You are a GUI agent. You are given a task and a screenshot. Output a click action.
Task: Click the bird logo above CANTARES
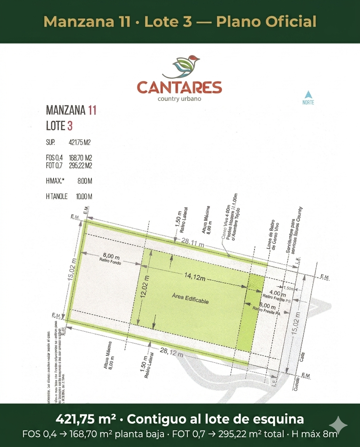click(181, 67)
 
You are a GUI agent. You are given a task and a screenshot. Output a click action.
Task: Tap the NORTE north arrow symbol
click(308, 95)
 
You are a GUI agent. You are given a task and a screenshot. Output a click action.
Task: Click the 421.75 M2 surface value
click(80, 142)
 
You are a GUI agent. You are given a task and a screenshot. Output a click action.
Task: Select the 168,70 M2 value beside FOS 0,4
click(80, 158)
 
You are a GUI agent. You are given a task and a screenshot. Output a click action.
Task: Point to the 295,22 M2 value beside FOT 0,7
click(80, 166)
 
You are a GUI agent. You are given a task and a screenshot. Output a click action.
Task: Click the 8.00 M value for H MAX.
click(85, 181)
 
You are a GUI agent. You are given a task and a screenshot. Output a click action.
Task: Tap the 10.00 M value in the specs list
click(84, 197)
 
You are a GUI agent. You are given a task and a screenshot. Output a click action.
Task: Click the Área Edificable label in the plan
click(190, 299)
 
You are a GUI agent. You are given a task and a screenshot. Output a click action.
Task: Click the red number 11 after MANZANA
click(92, 110)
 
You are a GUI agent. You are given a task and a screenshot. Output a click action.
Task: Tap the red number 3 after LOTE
click(70, 126)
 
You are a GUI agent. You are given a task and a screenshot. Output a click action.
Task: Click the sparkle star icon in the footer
click(338, 426)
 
